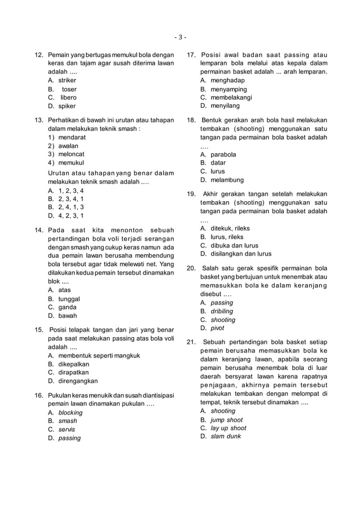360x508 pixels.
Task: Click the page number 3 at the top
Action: tap(180, 38)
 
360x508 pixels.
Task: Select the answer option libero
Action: tap(68, 98)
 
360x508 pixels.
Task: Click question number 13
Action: tap(39, 120)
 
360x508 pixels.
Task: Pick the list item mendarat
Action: tap(72, 137)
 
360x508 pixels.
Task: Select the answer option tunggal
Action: tap(69, 299)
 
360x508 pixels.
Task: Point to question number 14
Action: tap(39, 230)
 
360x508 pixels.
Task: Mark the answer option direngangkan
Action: tap(78, 381)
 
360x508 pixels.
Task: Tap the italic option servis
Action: tap(67, 430)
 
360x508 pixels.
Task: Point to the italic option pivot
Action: tap(217, 328)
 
